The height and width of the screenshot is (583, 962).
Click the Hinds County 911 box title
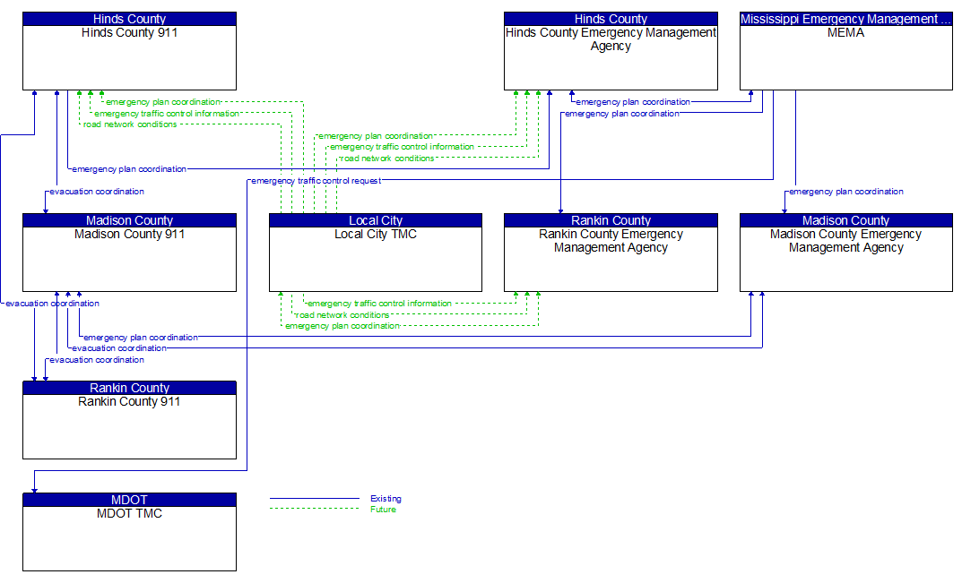tap(129, 33)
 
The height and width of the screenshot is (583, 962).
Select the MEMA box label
tap(845, 33)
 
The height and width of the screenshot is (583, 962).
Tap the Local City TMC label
tap(375, 235)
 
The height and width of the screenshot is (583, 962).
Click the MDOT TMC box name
tap(129, 514)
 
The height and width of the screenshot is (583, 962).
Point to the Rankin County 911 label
tap(129, 402)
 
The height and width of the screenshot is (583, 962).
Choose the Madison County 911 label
tap(129, 235)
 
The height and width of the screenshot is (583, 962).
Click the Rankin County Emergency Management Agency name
tap(611, 241)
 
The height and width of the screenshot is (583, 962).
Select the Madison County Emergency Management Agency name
tap(845, 241)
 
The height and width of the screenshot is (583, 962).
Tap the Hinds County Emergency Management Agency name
tap(611, 39)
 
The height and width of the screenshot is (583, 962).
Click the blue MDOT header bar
tap(129, 500)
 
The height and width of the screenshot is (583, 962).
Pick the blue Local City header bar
tap(375, 220)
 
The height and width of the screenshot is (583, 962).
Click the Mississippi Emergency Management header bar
tap(845, 19)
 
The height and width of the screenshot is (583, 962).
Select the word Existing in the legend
tap(386, 499)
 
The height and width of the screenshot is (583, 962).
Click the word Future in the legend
tap(383, 510)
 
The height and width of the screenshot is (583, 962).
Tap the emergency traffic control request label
tap(316, 181)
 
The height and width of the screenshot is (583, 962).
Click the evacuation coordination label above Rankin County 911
tap(97, 360)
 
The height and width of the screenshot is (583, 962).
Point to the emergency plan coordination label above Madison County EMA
tap(845, 192)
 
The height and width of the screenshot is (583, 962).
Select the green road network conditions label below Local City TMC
tap(342, 315)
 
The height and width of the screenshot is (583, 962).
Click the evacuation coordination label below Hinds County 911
tap(97, 192)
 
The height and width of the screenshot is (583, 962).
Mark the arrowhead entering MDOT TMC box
tap(34, 489)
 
